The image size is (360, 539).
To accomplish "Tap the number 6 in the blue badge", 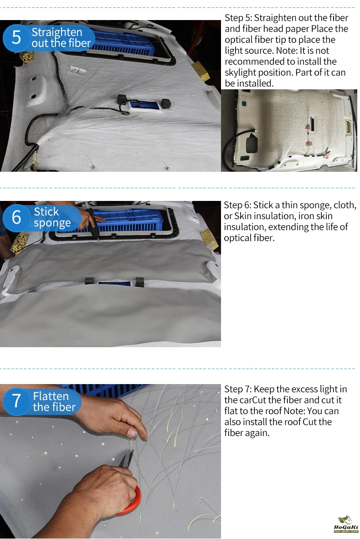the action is pos(16,217).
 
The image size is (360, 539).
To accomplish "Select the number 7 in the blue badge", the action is pos(16,401).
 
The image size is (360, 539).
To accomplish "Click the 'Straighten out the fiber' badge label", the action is pos(61,37).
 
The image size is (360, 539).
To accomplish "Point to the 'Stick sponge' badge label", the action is pos(52,217).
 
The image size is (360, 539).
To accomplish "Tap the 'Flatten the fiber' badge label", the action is pos(54,401).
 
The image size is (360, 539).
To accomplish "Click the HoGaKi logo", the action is pos(346,524).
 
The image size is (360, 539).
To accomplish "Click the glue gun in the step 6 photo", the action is pos(92,222).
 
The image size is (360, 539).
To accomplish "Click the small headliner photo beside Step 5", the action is pos(289,131).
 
